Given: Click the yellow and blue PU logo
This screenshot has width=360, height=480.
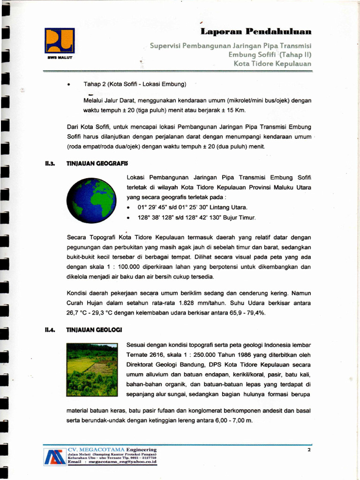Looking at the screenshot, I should pos(60,40).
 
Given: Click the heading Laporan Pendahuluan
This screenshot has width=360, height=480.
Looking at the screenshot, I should pos(256,31).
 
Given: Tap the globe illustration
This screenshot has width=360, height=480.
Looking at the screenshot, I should pos(91,200).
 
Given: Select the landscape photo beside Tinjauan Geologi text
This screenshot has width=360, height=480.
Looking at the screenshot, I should pos(92,369).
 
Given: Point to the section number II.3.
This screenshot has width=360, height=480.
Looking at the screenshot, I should pos(50,163).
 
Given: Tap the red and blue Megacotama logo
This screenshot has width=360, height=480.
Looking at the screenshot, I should pos(55,457).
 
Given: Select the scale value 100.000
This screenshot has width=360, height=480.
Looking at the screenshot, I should pos(133,267).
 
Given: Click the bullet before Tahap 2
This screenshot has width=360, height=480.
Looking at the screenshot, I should pos(69,85).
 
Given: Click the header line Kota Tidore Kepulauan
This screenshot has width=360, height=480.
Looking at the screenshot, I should pos(272,63).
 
